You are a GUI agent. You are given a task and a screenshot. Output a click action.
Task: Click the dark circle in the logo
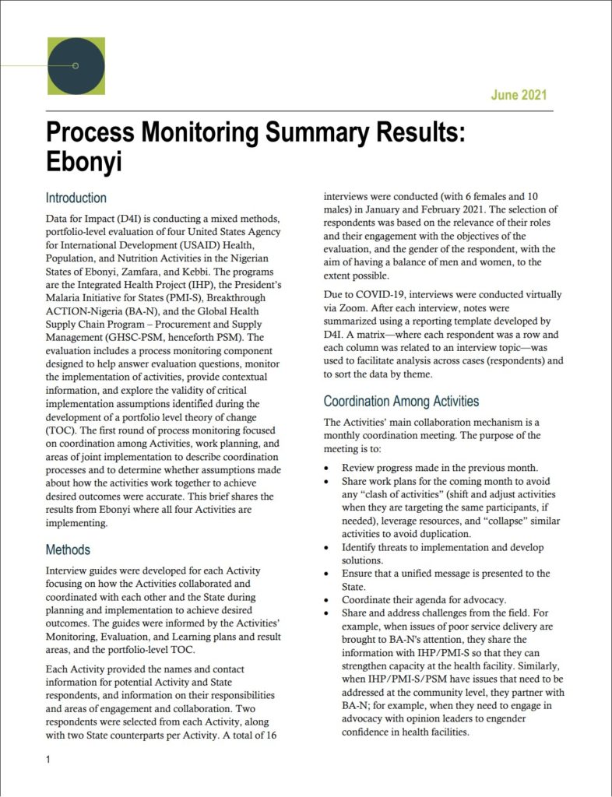[76, 66]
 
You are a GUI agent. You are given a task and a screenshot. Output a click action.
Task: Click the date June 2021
[519, 96]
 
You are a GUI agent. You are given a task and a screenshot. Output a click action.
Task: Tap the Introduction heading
[76, 198]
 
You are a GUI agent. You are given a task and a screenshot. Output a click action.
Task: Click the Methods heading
[68, 549]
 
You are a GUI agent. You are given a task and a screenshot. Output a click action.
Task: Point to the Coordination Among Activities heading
[401, 402]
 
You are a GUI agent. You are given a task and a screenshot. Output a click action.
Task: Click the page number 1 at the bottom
[48, 760]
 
